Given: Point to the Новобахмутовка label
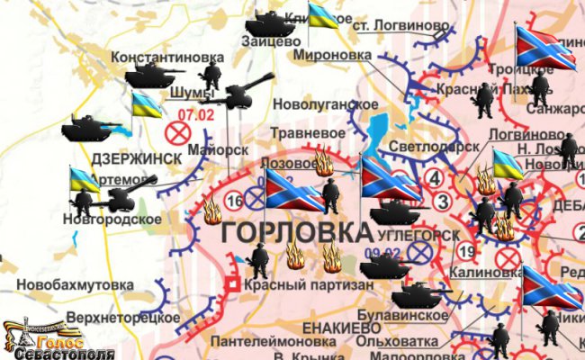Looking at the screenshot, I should tap(68, 285).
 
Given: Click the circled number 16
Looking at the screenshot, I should tap(235, 200).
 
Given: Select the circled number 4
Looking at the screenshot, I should tap(436, 177).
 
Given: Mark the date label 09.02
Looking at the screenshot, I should tap(382, 253).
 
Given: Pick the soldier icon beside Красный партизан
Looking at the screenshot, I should tap(259, 263).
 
